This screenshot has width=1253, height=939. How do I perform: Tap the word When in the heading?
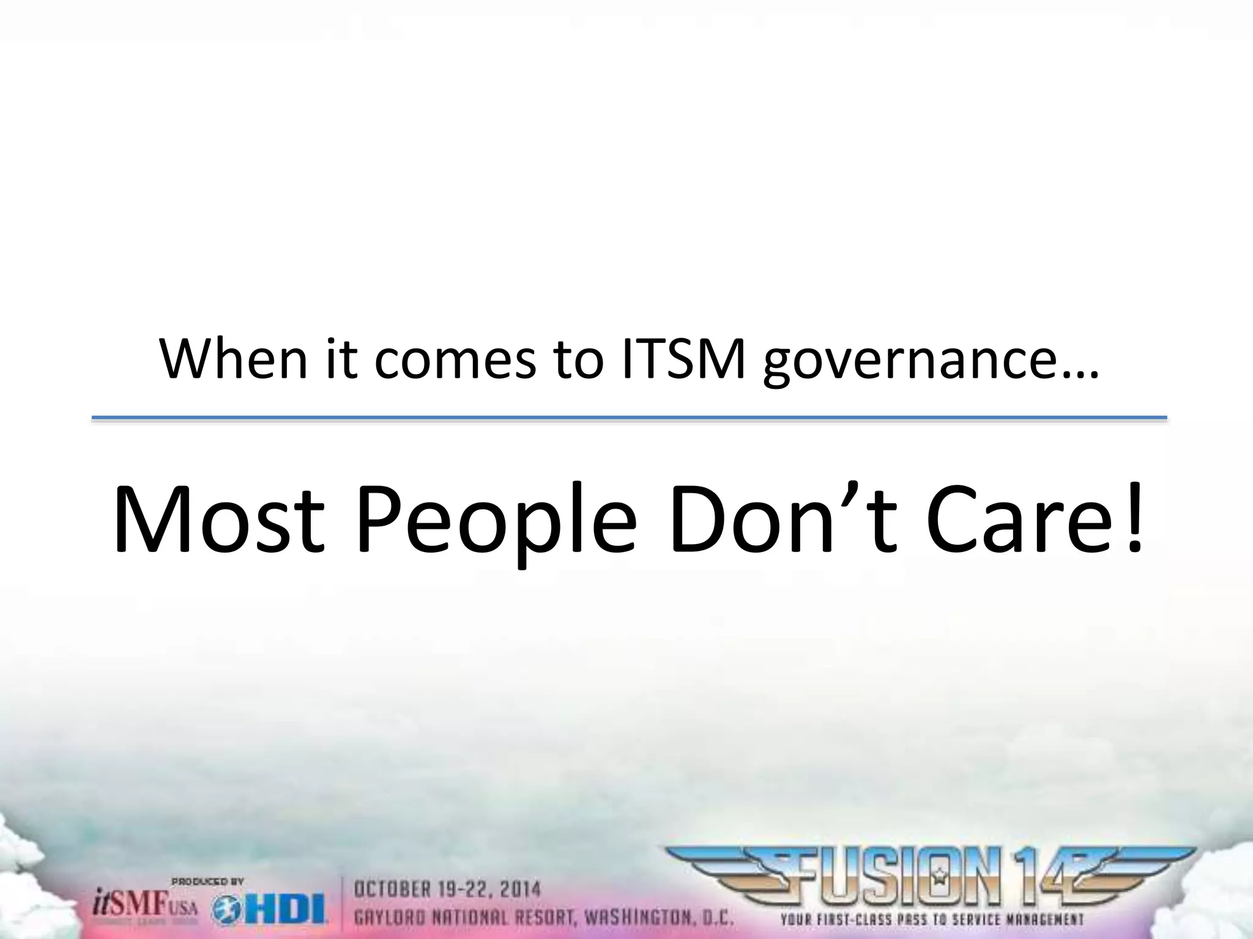point(233,359)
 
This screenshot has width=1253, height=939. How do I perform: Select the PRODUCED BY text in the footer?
point(207,882)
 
